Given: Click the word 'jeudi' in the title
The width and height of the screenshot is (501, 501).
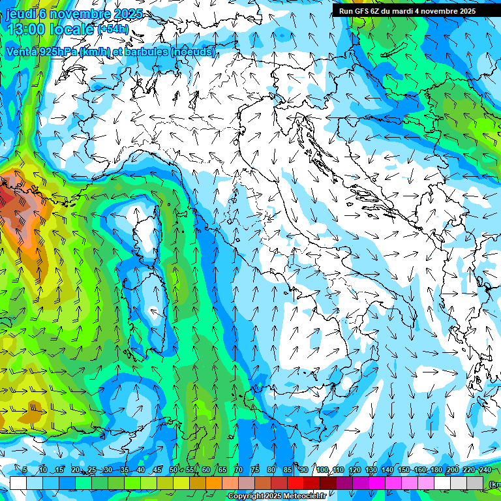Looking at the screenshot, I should click(x=21, y=14).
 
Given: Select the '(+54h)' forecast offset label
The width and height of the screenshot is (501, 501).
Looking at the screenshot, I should click(x=113, y=29).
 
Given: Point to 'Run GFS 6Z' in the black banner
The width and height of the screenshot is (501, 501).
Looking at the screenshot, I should click(x=359, y=11).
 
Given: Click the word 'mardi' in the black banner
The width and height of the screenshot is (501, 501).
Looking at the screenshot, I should click(x=401, y=11).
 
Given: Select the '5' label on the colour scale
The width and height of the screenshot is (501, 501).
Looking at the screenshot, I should click(x=24, y=470).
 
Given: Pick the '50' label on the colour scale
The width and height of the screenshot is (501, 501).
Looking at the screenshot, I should click(x=173, y=470).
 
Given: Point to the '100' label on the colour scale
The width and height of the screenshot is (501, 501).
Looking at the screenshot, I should click(x=322, y=470).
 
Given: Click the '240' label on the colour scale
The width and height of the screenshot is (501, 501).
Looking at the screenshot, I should click(x=485, y=470).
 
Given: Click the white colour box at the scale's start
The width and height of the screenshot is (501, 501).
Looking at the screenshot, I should click(x=18, y=483).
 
